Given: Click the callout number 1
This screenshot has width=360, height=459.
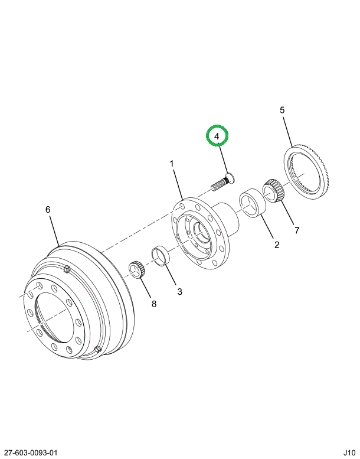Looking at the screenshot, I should point(172,163).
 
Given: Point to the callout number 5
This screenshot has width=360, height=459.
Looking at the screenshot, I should point(282,110).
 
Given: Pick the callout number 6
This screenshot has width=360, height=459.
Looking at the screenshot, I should point(48,209).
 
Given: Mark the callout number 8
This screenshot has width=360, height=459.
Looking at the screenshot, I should point(154,304).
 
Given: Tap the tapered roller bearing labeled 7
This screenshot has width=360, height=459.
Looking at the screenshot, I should point(273,191).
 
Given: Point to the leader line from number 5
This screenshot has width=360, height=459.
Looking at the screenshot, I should point(288,131).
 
